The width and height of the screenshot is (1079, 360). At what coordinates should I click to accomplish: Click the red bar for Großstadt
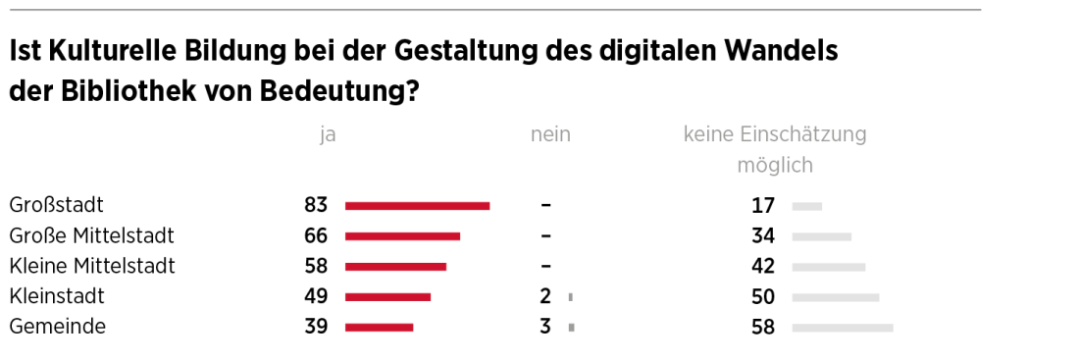(x=417, y=206)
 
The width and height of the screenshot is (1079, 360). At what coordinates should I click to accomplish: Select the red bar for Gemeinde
(x=379, y=328)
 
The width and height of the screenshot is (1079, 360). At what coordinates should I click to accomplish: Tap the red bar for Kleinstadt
(x=387, y=297)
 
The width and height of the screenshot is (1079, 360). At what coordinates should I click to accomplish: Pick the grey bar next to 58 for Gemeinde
(x=843, y=328)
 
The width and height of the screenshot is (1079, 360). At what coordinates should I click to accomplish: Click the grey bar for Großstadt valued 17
(x=807, y=206)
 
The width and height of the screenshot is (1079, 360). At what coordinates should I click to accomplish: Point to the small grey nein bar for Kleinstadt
(x=570, y=297)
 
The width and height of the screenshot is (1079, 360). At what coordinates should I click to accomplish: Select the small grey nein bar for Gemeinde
(x=571, y=328)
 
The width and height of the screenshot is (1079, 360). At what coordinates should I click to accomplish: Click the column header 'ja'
(x=328, y=135)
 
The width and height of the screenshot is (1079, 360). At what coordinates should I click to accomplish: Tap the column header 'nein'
(x=550, y=135)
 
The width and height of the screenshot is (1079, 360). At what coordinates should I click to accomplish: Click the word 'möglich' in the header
(x=775, y=166)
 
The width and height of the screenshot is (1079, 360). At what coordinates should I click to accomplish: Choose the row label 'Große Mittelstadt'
(x=91, y=236)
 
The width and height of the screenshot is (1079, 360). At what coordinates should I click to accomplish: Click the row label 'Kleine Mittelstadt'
(x=91, y=267)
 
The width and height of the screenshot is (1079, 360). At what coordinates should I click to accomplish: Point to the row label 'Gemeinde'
(x=57, y=328)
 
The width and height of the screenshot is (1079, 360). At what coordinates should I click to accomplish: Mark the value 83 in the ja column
(x=316, y=206)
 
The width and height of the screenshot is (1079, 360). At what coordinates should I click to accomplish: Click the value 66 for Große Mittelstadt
(x=316, y=236)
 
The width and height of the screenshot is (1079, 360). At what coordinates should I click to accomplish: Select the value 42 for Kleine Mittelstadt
(x=763, y=267)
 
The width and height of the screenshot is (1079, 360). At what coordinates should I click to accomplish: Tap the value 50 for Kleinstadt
(x=763, y=297)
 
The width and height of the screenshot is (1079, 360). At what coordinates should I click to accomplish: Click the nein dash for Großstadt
(x=545, y=206)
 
